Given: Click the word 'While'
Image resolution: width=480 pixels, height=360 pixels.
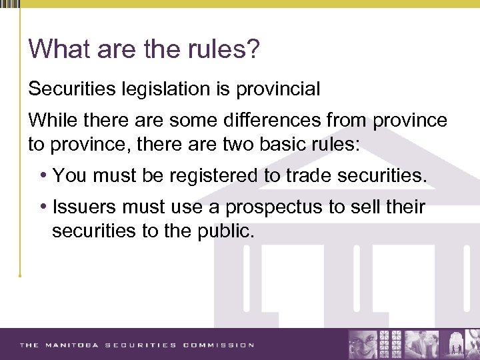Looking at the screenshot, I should [51, 121].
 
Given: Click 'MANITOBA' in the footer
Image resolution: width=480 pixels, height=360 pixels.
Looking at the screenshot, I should [72, 345].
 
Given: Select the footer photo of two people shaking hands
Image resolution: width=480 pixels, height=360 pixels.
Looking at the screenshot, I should [420, 345].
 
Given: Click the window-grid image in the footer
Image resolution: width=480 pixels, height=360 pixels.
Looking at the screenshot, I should [391, 345].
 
